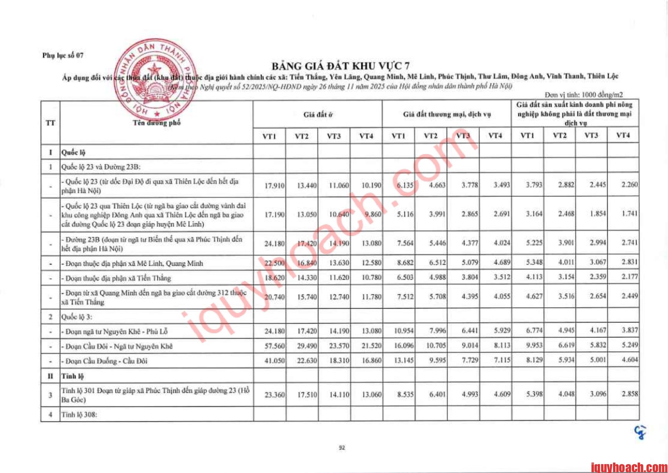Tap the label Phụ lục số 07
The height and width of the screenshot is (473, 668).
tap(63, 55)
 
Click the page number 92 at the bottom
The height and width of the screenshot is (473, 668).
tap(342, 448)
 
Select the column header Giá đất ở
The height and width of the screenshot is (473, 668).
tap(318, 114)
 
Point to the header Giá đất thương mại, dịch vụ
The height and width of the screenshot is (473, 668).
tap(447, 114)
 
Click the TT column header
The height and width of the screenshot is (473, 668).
tap(50, 123)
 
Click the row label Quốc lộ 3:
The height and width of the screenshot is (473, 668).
tap(77, 317)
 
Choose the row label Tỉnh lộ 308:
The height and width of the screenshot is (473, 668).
tap(79, 415)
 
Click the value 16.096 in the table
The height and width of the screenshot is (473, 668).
tap(404, 346)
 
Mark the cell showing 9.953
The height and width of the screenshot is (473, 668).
tap(534, 346)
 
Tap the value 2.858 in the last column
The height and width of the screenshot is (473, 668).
tap(630, 394)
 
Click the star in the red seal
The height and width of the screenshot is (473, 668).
tap(155, 70)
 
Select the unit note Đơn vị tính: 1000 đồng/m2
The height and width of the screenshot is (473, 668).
tap(584, 94)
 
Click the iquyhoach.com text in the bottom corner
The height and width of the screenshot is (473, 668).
tap(628, 467)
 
